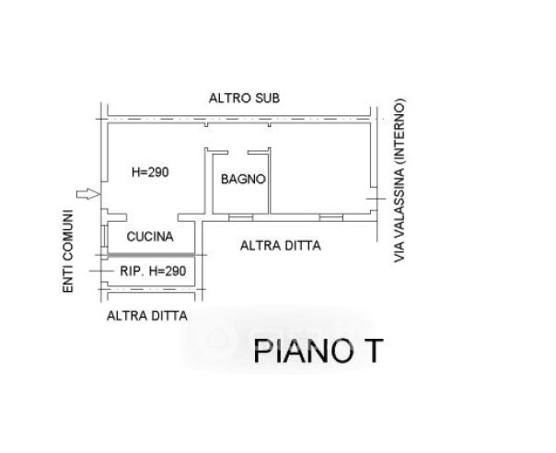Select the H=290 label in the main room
pyautogui.click(x=151, y=171)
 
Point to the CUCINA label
pyautogui.click(x=150, y=237)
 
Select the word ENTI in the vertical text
pyautogui.click(x=68, y=278)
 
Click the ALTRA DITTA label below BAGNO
pyautogui.click(x=280, y=246)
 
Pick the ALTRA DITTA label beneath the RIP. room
pyautogui.click(x=147, y=316)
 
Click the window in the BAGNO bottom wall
pyautogui.click(x=240, y=215)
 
